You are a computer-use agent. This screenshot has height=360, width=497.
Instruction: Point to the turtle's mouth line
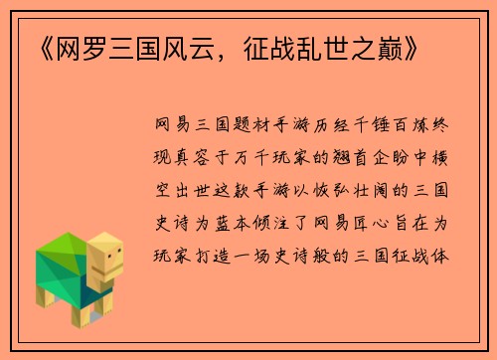[x=110, y=271]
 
